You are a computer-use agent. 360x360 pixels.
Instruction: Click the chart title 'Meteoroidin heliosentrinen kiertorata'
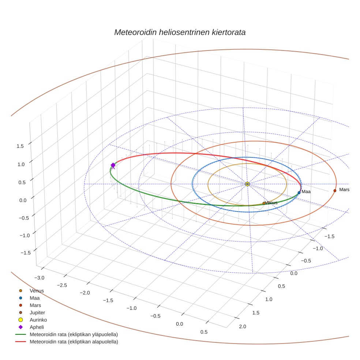tap(180, 32)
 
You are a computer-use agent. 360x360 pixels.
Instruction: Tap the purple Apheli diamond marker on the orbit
tap(113, 165)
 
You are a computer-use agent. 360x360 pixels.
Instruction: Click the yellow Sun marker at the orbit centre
tap(247, 184)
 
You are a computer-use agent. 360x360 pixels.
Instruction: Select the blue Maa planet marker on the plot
tap(299, 192)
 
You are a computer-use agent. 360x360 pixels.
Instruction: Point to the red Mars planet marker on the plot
tap(335, 191)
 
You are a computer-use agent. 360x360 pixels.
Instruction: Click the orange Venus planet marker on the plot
tap(264, 203)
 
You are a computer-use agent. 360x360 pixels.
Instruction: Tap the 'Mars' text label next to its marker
tap(344, 190)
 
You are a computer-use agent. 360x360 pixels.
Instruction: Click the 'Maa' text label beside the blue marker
tap(306, 192)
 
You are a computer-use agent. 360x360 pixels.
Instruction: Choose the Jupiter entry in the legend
tap(37, 312)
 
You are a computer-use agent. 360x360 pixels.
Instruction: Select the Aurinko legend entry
tap(38, 320)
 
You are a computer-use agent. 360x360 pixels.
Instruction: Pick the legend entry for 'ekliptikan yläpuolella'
tap(74, 334)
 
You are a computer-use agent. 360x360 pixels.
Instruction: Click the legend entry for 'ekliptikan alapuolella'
tap(74, 342)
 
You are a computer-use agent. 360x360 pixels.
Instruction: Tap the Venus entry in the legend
tap(37, 291)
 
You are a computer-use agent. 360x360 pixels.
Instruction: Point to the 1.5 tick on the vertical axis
tap(20, 146)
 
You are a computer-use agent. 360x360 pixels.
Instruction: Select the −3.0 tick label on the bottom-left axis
tap(39, 278)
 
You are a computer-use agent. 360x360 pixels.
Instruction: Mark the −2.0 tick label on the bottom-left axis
tap(85, 293)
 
